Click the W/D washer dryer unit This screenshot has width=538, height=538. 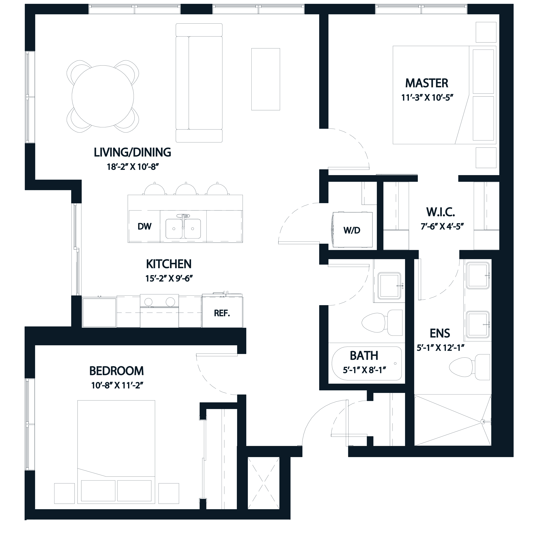(x=352, y=230)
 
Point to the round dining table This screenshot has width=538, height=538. (x=102, y=96)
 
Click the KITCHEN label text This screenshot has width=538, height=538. (x=169, y=264)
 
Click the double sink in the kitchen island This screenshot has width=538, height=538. (x=183, y=228)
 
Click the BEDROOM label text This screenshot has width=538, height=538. (x=116, y=371)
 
